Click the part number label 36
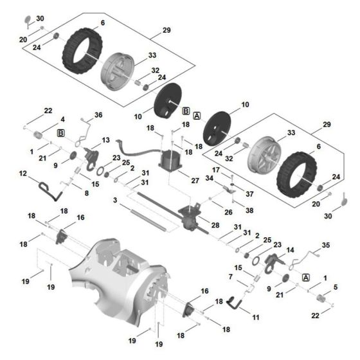[x=98, y=115]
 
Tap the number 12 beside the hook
[x=22, y=174]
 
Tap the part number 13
[x=106, y=139]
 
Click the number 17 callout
[x=217, y=170]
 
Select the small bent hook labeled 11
[x=236, y=303]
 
